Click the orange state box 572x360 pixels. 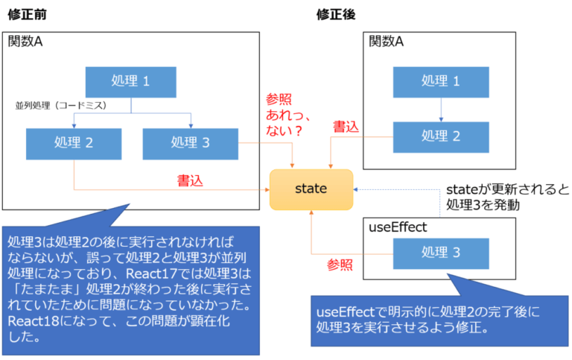coord(311,189)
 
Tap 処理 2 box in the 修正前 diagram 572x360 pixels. coord(73,142)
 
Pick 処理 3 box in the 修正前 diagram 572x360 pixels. coord(190,142)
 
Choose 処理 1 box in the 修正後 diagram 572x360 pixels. coord(440,81)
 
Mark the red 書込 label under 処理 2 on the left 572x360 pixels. coord(189,180)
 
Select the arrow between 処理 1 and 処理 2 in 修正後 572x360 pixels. coord(440,109)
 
